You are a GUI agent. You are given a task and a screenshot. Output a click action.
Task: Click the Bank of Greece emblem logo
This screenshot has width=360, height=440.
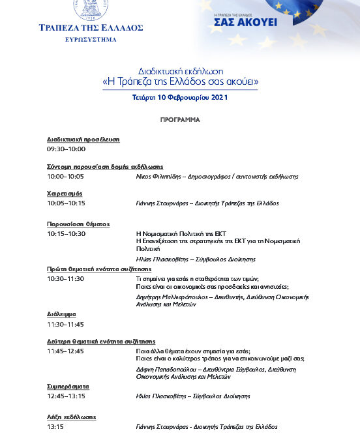point(91,9)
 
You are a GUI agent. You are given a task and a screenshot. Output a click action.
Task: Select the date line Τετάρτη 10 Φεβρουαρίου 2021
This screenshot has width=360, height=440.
point(180,97)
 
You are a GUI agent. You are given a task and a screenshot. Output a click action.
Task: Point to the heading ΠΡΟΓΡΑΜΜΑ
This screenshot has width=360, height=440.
point(180,120)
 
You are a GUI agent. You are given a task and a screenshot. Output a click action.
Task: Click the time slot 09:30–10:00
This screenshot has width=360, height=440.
point(66,149)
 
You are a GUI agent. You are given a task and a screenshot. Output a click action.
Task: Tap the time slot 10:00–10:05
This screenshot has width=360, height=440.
point(66,176)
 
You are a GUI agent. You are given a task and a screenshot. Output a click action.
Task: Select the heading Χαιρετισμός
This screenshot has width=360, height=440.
point(64,194)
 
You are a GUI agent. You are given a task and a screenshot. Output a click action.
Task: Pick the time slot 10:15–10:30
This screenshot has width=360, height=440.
point(66,233)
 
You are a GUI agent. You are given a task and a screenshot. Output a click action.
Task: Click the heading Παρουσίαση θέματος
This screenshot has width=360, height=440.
point(78,224)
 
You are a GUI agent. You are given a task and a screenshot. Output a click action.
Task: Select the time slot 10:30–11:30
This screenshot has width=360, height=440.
point(66,278)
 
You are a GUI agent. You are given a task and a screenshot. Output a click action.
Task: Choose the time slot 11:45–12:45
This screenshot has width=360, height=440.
point(66,351)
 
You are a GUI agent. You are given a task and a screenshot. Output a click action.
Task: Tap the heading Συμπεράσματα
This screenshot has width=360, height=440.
point(68,387)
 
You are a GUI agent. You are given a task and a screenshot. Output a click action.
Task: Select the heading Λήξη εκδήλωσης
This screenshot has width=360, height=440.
point(72,417)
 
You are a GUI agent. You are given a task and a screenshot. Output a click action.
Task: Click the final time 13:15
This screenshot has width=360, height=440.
point(55,427)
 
